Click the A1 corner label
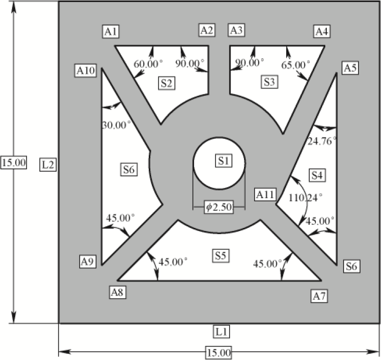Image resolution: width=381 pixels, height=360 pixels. tap(111, 32)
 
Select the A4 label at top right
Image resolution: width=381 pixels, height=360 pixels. tap(321, 32)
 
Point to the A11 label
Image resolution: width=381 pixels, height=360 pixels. tap(265, 194)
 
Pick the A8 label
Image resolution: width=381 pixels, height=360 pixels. tap(118, 292)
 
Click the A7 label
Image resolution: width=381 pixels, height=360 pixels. tap(319, 296)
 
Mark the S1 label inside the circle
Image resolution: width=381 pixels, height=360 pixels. tap(224, 161)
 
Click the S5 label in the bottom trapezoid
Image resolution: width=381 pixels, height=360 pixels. tap(221, 254)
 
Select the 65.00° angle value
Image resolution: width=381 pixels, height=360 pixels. tap(296, 65)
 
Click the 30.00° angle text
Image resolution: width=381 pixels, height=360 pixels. tap(116, 125)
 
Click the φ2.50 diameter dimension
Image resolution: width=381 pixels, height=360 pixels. tap(219, 208)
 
